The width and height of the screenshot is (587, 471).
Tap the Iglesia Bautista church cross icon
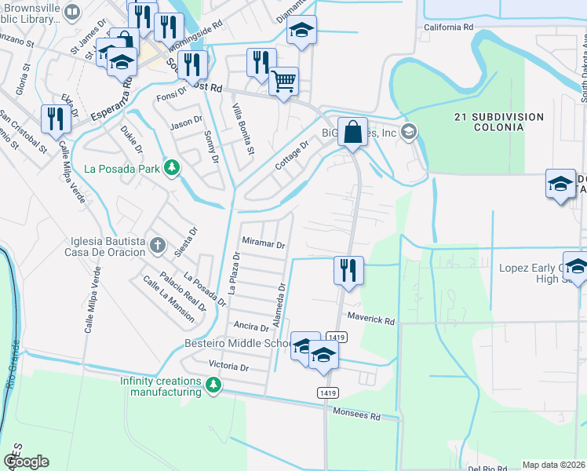point(158,244)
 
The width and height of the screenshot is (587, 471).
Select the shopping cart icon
point(283,80)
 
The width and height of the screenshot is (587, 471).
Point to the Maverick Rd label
point(371,319)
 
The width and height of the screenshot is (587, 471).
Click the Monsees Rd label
point(355,414)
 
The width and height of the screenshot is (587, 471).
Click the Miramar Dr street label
point(263,244)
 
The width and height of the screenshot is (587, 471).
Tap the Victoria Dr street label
point(228,366)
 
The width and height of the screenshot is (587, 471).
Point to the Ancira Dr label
point(251,325)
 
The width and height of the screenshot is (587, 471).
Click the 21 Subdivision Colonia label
point(499,122)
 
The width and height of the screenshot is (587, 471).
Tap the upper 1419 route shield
point(338,338)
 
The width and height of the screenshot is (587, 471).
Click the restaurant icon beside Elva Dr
point(55,119)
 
